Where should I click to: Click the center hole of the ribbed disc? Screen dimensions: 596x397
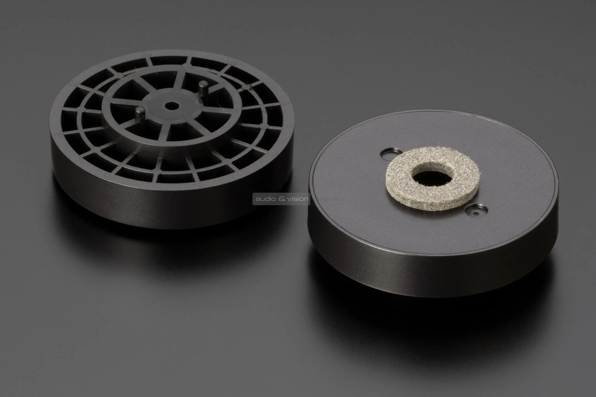171,106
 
